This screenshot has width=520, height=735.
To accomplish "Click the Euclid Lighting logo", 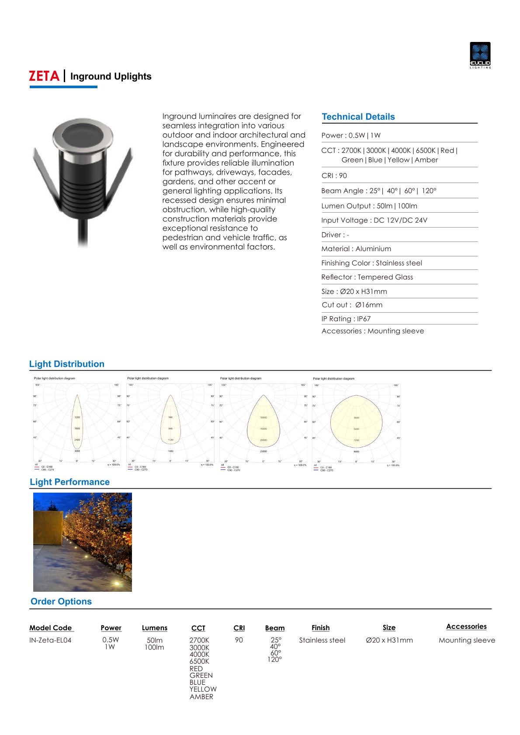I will tap(480, 55).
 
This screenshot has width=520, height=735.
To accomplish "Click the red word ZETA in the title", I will tap(44, 76).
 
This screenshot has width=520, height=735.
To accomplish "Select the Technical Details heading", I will tap(358, 117).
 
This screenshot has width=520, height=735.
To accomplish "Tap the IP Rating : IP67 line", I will tap(346, 319).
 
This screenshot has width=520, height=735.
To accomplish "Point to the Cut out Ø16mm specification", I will tap(352, 305).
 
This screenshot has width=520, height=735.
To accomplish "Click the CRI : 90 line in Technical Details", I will tap(334, 176).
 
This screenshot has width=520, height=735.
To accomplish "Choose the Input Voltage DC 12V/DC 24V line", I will tap(374, 220).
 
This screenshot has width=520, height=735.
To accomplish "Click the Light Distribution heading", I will tap(66, 364).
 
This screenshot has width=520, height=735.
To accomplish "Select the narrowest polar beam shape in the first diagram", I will tap(77, 424).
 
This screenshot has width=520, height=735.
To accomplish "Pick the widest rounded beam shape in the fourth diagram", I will tap(356, 421).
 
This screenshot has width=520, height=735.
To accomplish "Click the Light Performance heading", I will tap(69, 482).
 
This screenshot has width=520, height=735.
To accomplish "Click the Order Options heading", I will tap(61, 601).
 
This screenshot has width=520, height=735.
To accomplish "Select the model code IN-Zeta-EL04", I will tap(50, 640).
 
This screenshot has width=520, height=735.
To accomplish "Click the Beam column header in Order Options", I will tap(274, 628).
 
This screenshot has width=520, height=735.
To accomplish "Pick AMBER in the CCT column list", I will tap(201, 697).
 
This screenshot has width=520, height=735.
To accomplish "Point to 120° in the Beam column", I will tap(274, 659).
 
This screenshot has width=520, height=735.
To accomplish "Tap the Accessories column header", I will tap(466, 627).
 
